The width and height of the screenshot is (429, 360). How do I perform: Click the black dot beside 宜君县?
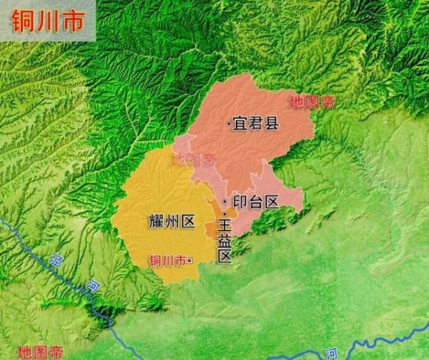(x=228, y=125)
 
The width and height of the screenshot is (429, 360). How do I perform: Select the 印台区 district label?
(x=256, y=202)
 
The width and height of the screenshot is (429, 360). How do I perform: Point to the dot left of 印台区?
(x=225, y=202)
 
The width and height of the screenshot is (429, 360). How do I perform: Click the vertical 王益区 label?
(x=225, y=241)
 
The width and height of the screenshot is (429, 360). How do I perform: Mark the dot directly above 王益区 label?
(x=224, y=214)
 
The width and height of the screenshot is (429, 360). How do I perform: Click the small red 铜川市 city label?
(x=167, y=261)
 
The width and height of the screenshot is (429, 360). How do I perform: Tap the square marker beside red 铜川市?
(x=189, y=261)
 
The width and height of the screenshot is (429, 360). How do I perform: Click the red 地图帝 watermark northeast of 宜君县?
(x=312, y=102)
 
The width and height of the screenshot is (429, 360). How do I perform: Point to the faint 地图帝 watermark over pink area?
(x=194, y=159)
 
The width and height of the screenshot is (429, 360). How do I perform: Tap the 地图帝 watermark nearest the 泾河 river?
(x=40, y=351)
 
